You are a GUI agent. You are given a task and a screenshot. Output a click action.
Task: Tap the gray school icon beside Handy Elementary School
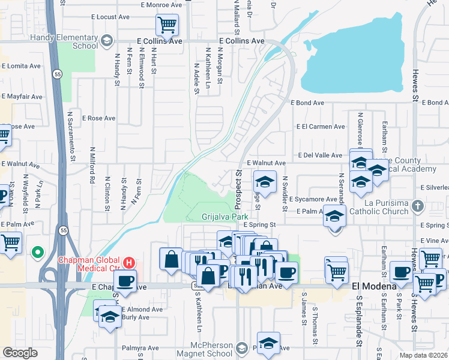107,41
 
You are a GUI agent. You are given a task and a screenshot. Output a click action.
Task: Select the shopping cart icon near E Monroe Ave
167,25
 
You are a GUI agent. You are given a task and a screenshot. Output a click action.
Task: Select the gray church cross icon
418,206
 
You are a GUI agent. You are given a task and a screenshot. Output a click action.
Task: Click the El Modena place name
375,286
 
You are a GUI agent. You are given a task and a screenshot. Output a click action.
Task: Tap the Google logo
20,352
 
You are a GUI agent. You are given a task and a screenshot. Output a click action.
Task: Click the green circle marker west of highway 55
38,253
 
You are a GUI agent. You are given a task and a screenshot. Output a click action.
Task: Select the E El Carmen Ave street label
321,127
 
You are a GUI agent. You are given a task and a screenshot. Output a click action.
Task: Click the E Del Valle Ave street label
319,155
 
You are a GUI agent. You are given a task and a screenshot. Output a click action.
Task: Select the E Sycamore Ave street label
312,199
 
